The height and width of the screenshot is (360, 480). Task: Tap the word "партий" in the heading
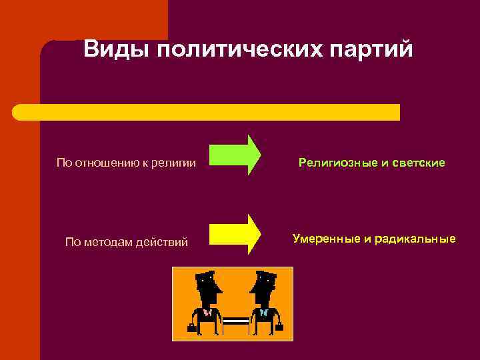tap(377, 51)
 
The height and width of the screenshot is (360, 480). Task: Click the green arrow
tap(235, 155)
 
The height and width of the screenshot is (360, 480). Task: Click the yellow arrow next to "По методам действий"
tap(235, 234)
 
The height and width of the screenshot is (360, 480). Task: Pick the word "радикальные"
tap(417, 238)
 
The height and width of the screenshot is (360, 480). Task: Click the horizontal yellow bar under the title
tap(207, 112)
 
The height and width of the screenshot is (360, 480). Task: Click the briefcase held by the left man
tap(192, 327)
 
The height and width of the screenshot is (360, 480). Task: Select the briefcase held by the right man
tap(279, 327)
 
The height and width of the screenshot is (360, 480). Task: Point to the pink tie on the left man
tap(207, 312)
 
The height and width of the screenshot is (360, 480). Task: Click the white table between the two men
tap(235, 321)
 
